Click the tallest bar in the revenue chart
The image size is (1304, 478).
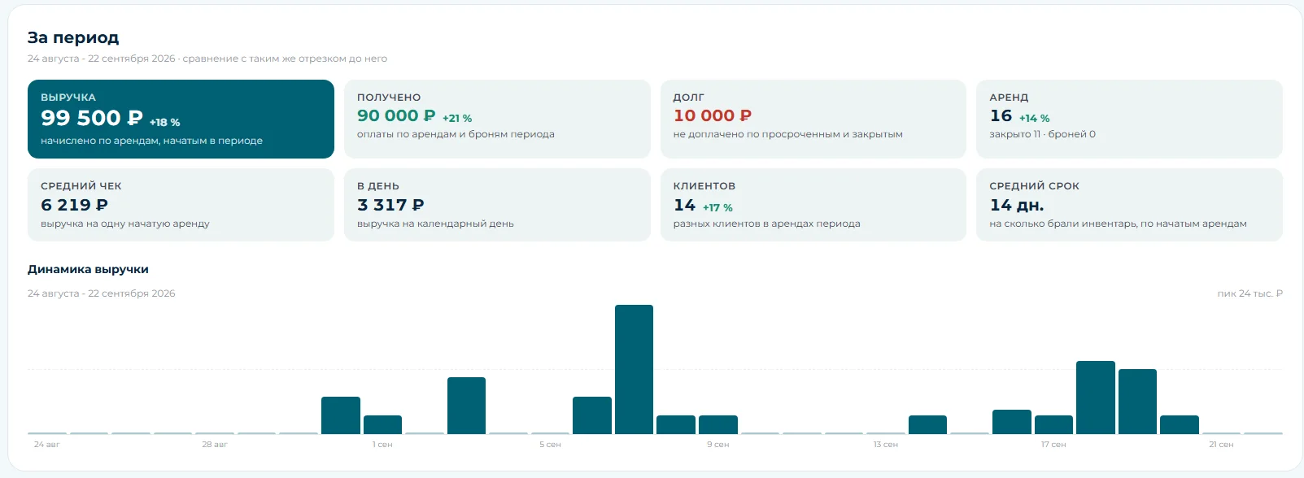pos(634,369)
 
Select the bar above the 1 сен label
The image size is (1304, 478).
pos(382,424)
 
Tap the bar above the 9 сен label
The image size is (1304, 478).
pos(717,424)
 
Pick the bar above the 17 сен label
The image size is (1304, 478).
pos(1053,424)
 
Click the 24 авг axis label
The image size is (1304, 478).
pos(46,445)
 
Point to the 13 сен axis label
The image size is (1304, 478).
pos(885,445)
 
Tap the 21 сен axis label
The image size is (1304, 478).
pos(1221,445)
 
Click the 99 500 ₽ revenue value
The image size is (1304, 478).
pos(91,118)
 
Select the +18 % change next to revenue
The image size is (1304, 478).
pos(165,122)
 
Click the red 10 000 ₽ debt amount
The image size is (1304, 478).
pos(713,115)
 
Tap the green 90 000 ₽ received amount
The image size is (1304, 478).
pos(396,115)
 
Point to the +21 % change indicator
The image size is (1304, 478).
pos(457,118)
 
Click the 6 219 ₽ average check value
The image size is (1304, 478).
pos(74,205)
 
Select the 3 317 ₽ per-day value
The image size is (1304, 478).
pos(390,205)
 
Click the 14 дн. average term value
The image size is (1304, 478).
pos(1017,205)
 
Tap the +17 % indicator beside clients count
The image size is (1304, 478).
pos(717,207)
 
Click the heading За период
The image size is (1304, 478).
pos(73,37)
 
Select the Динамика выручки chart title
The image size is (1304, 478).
pos(88,269)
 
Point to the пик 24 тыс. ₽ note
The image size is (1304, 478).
pos(1249,293)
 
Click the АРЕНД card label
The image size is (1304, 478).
pos(1009,97)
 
